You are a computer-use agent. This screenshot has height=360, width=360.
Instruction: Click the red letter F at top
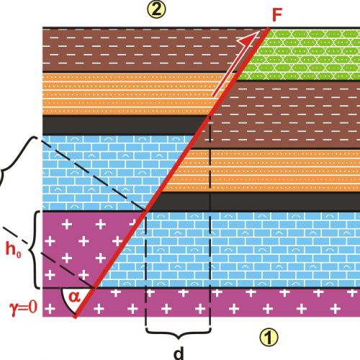coord(277,15)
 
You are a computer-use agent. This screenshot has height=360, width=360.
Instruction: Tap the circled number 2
coord(156,9)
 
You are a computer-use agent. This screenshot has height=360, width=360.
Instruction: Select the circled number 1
coord(269,337)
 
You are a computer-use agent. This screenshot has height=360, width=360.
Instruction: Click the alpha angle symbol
coord(74,297)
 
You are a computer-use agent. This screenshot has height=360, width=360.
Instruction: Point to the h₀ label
coord(13,249)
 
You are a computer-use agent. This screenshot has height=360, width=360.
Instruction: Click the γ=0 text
coord(24,307)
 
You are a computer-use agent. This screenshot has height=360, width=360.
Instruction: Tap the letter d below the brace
coord(179,353)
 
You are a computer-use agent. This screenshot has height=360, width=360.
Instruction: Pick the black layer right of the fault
coord(259,202)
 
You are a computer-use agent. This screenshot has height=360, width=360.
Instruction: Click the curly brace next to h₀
coord(35,250)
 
